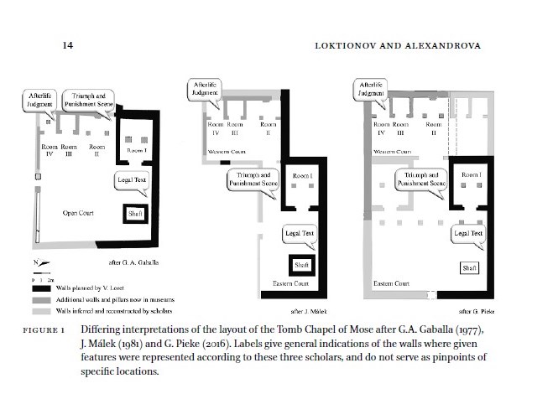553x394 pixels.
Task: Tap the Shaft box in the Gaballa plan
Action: pyautogui.click(x=136, y=214)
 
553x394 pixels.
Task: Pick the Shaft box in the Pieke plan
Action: pyautogui.click(x=467, y=267)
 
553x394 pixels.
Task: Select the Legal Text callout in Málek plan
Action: pyautogui.click(x=298, y=234)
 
